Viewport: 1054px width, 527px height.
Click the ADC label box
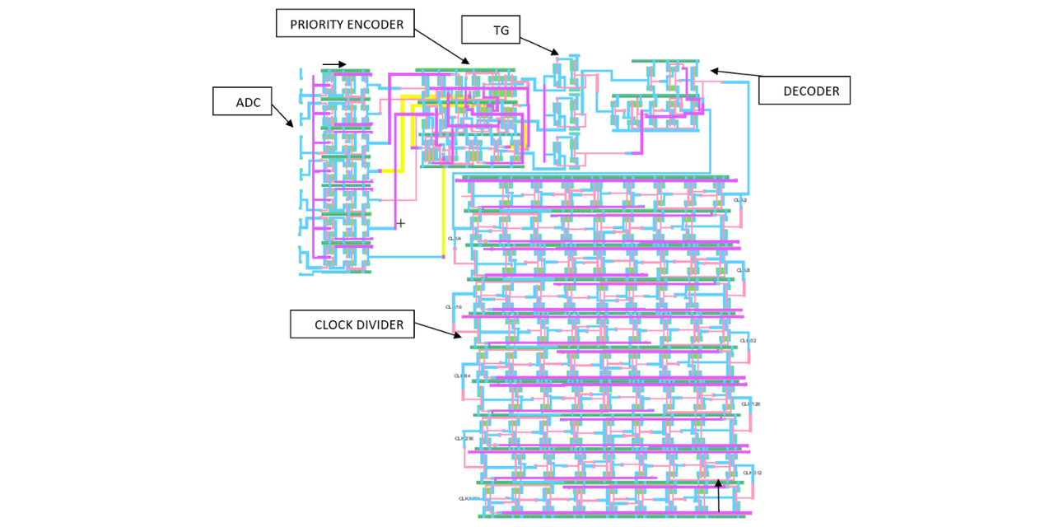[x=242, y=101]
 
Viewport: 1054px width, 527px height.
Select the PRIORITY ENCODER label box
[x=345, y=24]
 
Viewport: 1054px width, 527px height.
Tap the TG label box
[x=491, y=30]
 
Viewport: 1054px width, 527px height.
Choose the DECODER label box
[x=804, y=90]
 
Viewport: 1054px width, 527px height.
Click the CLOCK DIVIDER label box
[x=352, y=324]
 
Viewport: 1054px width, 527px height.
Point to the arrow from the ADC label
[x=282, y=114]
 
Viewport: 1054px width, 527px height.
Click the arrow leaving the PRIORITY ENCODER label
[x=441, y=46]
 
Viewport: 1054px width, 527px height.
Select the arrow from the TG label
[x=539, y=45]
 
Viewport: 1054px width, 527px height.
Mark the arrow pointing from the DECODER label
[x=735, y=73]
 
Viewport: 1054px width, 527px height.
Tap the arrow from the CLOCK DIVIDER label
[x=437, y=330]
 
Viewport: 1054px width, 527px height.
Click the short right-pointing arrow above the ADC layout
[x=334, y=64]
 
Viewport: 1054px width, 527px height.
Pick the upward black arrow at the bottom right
[x=718, y=496]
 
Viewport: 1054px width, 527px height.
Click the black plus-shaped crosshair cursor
[x=401, y=223]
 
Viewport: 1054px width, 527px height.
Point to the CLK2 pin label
[x=740, y=200]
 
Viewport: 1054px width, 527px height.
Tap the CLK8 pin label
[x=743, y=270]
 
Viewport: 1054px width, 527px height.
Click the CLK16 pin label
[x=454, y=307]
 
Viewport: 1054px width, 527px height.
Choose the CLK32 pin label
[x=748, y=341]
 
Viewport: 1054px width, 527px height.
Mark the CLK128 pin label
[x=750, y=404]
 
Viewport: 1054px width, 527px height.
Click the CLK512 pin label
[x=752, y=473]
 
